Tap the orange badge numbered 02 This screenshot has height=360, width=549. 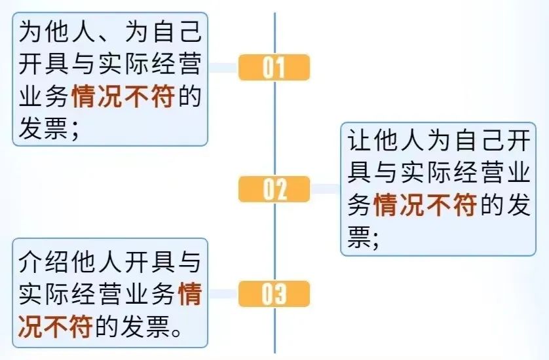click(274, 190)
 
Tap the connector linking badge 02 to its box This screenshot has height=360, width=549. click(325, 190)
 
